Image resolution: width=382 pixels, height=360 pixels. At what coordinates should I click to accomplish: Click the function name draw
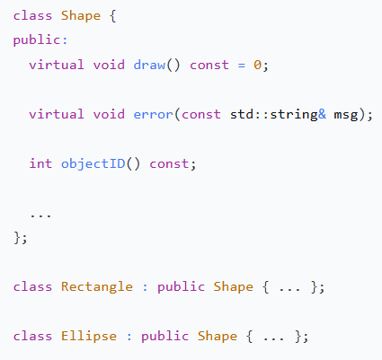pos(149,65)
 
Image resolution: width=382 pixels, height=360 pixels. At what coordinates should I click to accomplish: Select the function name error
pos(154,114)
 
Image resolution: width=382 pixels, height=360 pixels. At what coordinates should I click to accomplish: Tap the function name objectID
pos(93,164)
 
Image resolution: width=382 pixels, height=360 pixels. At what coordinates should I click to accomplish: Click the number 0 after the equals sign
pos(258,65)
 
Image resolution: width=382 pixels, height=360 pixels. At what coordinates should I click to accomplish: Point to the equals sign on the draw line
pos(242,66)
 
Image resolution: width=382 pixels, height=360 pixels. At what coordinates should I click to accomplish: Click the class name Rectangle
pos(97,287)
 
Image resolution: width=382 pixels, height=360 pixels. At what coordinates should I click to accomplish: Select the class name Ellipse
pos(89,336)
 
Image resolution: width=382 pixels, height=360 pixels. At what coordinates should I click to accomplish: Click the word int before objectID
pos(40,163)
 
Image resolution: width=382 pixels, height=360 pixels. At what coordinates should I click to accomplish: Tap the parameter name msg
pos(346,115)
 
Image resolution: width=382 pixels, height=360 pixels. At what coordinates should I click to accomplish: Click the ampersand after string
pos(322,114)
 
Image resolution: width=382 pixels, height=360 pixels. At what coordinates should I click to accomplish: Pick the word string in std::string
pos(294,115)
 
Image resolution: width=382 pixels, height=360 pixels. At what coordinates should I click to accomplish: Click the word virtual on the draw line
pos(57,65)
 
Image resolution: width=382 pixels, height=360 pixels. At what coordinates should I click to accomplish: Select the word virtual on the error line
pos(57,114)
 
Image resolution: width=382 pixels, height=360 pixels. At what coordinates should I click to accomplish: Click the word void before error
pos(109,114)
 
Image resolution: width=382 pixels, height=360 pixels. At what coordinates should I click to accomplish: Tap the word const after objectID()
pos(169,164)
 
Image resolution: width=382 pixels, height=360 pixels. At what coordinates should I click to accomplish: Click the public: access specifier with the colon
pos(40,40)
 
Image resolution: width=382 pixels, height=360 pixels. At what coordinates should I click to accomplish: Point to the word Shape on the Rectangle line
pos(233,287)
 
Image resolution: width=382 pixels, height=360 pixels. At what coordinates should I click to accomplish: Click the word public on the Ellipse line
pos(164,336)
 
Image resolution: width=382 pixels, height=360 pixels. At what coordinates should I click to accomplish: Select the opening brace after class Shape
pos(112,16)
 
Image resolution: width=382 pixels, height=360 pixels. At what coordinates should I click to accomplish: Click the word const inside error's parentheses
pos(201,114)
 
